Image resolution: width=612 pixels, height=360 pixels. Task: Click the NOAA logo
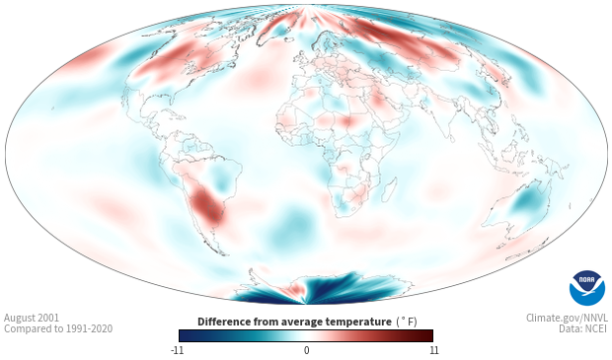coord(587,288)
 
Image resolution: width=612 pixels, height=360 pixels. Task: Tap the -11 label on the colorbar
coord(177,350)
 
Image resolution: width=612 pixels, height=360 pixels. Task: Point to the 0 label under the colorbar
coord(306,350)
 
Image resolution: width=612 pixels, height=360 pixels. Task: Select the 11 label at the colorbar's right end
coord(433,350)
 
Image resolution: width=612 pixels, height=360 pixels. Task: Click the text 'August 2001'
coord(32,318)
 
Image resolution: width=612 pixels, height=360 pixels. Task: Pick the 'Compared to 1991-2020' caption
coord(58,328)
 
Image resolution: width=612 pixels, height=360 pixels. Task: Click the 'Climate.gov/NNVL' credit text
coord(567,318)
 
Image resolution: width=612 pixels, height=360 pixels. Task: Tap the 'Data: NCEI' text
coord(583,328)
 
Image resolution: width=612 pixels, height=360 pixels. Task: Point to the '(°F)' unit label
coord(407,323)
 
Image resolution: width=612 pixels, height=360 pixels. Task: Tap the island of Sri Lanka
coord(451,138)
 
